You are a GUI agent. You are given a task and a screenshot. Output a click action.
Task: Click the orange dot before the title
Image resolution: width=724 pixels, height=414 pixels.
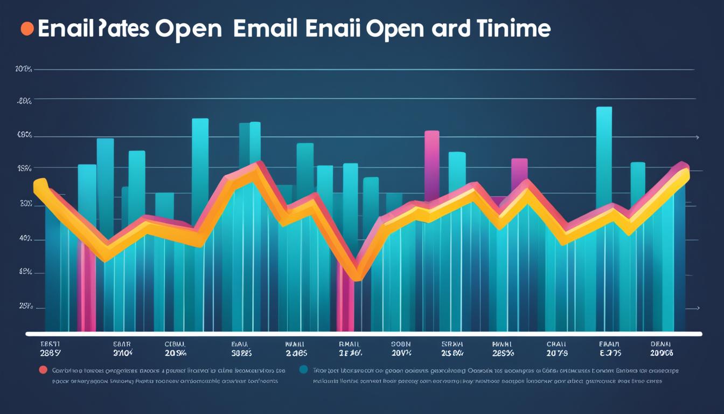pyautogui.click(x=27, y=29)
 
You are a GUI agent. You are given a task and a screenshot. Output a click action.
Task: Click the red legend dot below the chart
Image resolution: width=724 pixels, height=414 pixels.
pyautogui.click(x=43, y=370)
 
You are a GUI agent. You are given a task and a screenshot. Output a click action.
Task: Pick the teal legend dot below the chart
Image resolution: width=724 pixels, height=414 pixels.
pyautogui.click(x=303, y=370)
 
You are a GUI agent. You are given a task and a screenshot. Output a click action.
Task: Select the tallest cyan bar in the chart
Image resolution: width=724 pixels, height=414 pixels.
pyautogui.click(x=604, y=156)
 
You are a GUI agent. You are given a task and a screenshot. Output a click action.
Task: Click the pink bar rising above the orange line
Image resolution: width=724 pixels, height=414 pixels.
pyautogui.click(x=431, y=162)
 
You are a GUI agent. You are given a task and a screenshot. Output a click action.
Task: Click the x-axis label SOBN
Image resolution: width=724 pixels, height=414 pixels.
pyautogui.click(x=400, y=344)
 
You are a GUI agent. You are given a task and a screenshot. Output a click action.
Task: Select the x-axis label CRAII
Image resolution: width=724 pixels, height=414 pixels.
pyautogui.click(x=557, y=344)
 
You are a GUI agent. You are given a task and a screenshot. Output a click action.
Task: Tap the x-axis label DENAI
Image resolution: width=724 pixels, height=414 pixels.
pyautogui.click(x=662, y=344)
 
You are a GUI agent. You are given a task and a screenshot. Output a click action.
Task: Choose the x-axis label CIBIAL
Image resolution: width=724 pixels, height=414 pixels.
pyautogui.click(x=175, y=344)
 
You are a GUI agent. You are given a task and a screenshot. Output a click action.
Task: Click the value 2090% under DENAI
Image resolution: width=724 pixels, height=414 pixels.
pyautogui.click(x=662, y=353)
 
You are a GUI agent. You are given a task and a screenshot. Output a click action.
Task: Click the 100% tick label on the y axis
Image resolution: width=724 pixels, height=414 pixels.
pyautogui.click(x=24, y=69)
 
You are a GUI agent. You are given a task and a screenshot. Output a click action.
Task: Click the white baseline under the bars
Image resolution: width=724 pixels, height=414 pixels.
pyautogui.click(x=364, y=334)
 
